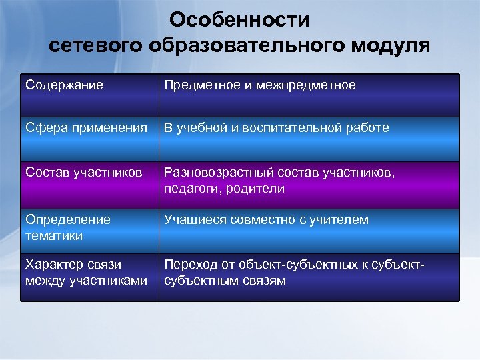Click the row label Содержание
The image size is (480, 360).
coord(64,85)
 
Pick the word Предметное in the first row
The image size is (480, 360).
coord(197,85)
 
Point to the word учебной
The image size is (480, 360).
coord(202,127)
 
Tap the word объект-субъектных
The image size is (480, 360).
coord(289,265)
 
